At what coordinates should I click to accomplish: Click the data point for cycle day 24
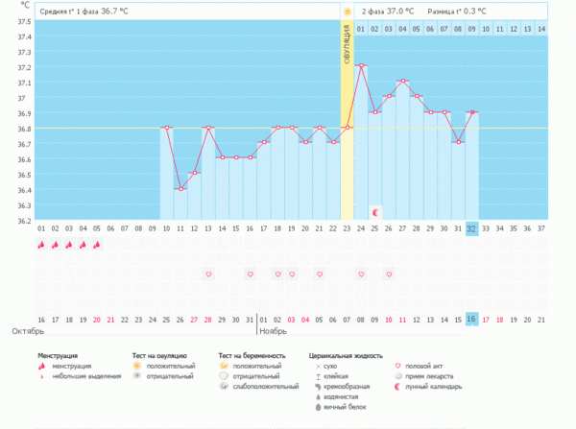361,65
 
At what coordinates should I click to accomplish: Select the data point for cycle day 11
180,188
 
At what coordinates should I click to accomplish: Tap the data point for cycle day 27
403,81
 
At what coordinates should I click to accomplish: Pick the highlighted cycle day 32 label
471,228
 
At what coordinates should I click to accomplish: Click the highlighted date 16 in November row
471,319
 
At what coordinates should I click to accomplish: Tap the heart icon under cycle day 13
208,274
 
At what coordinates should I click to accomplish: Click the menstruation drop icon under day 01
41,245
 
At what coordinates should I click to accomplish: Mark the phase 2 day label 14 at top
541,30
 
